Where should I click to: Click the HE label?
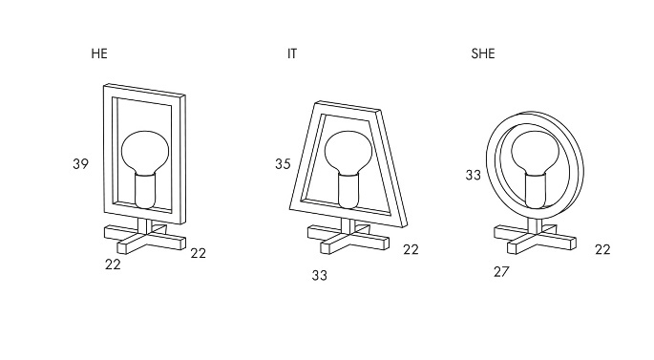pyautogui.click(x=99, y=53)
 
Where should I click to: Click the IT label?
pyautogui.click(x=292, y=53)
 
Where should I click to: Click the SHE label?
pyautogui.click(x=482, y=53)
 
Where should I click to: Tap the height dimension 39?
pyautogui.click(x=80, y=164)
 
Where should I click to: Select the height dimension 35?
pyautogui.click(x=283, y=164)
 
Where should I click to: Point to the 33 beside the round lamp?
pyautogui.click(x=473, y=175)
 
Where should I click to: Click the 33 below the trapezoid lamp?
pyautogui.click(x=320, y=275)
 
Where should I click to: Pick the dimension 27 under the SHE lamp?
pyautogui.click(x=501, y=272)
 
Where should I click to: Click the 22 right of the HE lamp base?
pyautogui.click(x=199, y=253)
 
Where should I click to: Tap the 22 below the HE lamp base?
pyautogui.click(x=113, y=265)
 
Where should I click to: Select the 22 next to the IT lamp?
pyautogui.click(x=411, y=249)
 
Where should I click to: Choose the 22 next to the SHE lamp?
pyautogui.click(x=602, y=249)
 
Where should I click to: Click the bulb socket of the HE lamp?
pyautogui.click(x=145, y=191)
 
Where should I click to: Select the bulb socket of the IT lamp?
pyautogui.click(x=348, y=191)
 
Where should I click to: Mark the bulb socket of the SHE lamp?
pyautogui.click(x=535, y=191)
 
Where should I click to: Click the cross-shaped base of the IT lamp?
pyautogui.click(x=348, y=239)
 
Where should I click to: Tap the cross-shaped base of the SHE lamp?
pyautogui.click(x=535, y=239)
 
